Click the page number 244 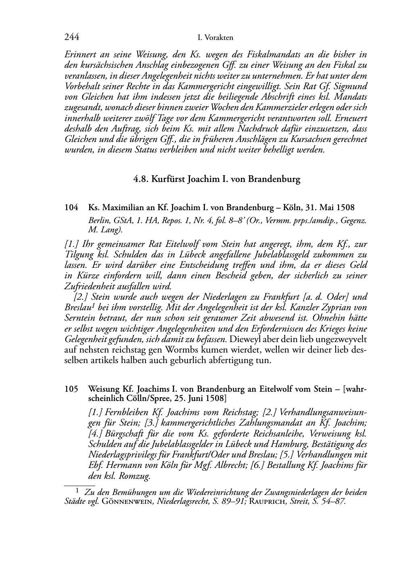[x=71, y=38]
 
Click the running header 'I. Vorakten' [x=215, y=38]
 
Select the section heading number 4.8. [x=141, y=180]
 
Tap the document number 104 [x=71, y=208]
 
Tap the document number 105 [x=71, y=390]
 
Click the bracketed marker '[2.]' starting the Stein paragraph [x=81, y=297]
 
